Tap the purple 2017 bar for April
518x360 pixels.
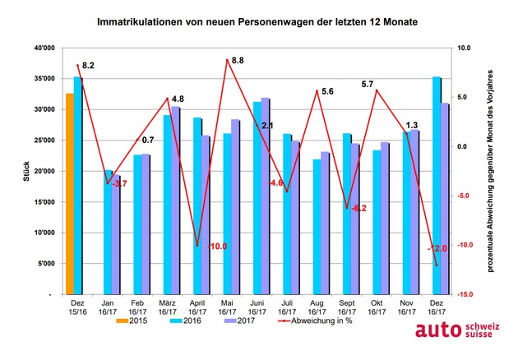206,214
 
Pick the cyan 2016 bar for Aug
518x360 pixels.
317,226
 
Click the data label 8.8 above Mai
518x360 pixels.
238,60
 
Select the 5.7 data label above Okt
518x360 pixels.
368,84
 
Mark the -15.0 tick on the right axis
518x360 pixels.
465,294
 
